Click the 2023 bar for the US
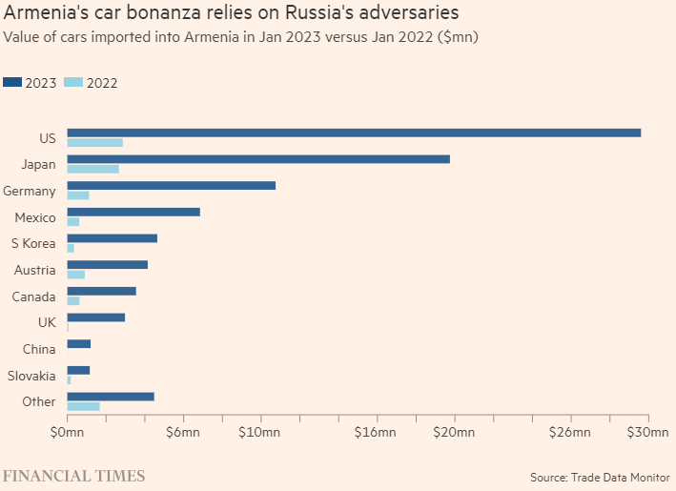[x=354, y=133]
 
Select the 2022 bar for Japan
[x=93, y=169]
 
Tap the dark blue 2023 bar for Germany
[x=172, y=185]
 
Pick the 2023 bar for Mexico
[x=133, y=212]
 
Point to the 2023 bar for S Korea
[x=113, y=237]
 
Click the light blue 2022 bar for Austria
[x=76, y=275]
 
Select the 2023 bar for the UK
[x=96, y=317]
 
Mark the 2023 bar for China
[x=79, y=343]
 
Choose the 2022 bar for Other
[x=84, y=406]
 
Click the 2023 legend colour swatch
[x=13, y=83]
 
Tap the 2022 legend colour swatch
[x=73, y=83]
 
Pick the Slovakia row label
[x=31, y=376]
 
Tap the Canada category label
[x=33, y=297]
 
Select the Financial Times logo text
[x=73, y=475]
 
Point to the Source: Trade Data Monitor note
[x=600, y=477]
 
